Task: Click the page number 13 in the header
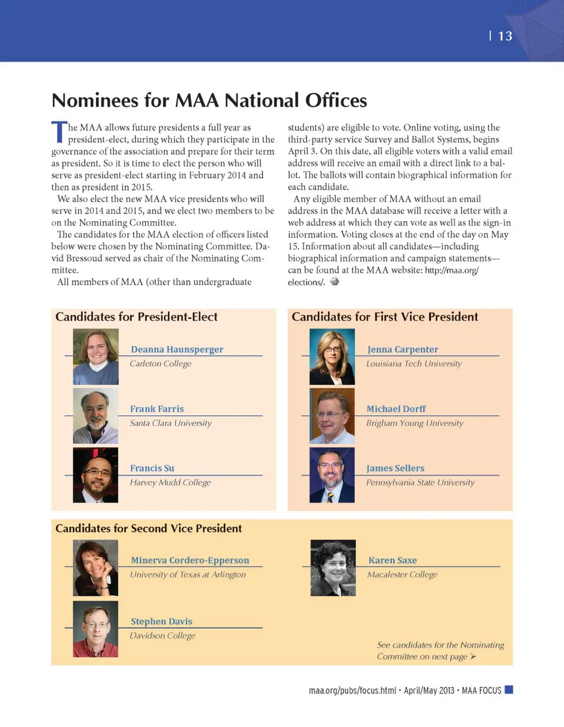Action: point(505,36)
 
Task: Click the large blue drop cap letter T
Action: point(59,132)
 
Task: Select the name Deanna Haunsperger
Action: point(177,349)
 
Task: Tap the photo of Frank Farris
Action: point(95,416)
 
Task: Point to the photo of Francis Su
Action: point(95,475)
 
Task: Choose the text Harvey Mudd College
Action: point(170,482)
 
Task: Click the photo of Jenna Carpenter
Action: point(332,356)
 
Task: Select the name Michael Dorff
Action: point(396,409)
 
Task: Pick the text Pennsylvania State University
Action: point(420,482)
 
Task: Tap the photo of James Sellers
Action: point(332,475)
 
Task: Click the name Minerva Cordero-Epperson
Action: point(190,561)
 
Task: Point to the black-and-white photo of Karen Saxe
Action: point(333,568)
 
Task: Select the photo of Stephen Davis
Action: point(95,629)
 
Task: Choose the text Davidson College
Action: point(163,635)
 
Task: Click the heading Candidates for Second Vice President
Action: point(149,528)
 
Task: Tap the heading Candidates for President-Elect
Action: point(136,316)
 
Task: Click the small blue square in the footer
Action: point(509,689)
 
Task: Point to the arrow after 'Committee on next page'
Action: point(473,656)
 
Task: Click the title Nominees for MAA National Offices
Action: point(209,100)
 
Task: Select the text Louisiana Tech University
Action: point(414,363)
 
